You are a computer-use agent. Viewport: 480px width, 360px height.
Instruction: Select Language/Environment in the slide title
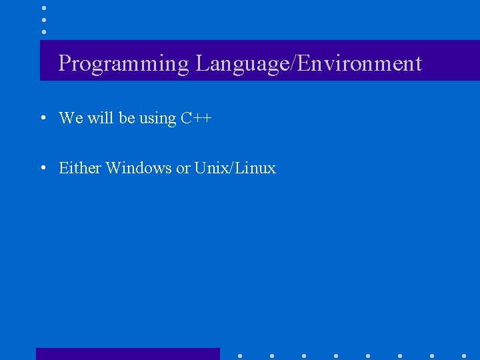tap(309, 64)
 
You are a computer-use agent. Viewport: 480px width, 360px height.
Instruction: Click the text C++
tap(196, 119)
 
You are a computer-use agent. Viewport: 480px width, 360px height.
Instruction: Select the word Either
tap(80, 168)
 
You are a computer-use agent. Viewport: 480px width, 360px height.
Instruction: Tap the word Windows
tap(139, 168)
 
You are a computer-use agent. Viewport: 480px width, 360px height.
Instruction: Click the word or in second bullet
tap(183, 169)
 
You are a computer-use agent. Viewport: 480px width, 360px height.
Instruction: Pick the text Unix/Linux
tap(235, 168)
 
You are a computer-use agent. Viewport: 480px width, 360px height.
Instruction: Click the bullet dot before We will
tap(42, 119)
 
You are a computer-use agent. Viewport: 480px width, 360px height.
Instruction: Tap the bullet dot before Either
tap(42, 168)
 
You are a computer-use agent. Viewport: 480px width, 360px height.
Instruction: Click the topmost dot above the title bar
tap(44, 7)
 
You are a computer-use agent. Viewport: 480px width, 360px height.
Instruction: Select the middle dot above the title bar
tap(44, 19)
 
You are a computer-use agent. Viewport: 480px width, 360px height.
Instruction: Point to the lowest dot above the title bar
tap(44, 31)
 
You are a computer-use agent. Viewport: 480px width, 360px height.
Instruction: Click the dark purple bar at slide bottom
tap(127, 354)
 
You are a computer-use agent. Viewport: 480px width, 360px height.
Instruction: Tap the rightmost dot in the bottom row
tap(464, 355)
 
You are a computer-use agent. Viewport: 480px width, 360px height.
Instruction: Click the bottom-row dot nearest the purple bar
tap(240, 355)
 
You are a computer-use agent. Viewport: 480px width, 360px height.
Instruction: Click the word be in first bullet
tap(127, 118)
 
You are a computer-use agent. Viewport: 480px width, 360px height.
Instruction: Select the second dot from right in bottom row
tap(432, 355)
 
